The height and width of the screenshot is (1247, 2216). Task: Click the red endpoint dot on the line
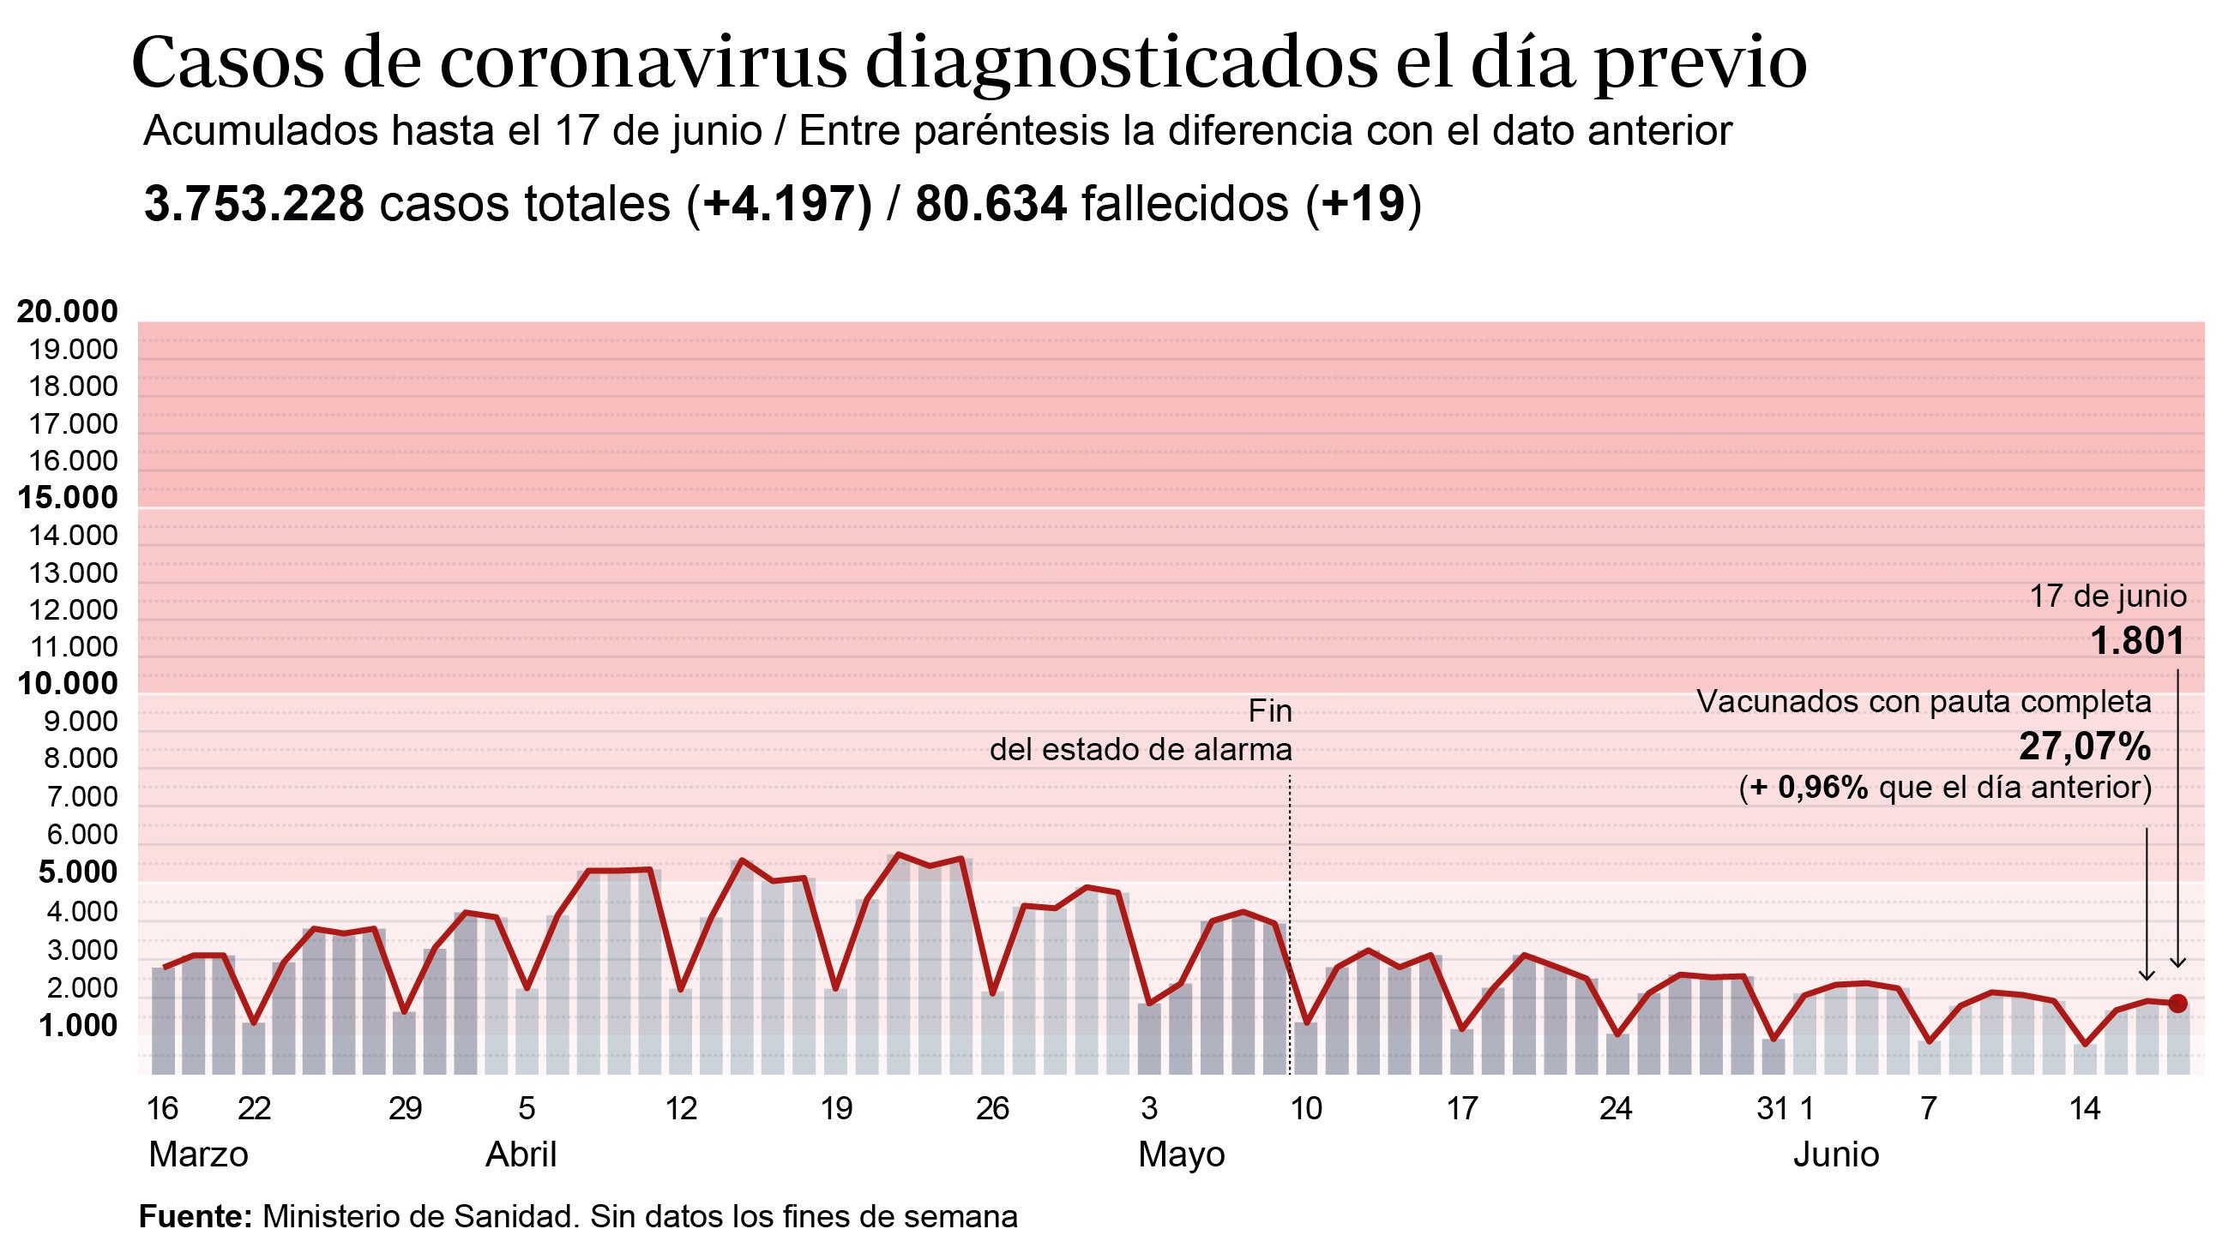pos(2177,1003)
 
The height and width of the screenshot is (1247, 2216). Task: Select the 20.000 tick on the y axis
pos(68,311)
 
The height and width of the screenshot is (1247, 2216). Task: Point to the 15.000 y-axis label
pos(68,497)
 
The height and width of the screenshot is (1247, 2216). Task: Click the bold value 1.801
pos(2137,641)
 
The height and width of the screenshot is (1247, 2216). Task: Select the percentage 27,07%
pos(2085,746)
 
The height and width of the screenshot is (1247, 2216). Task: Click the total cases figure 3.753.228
pos(255,205)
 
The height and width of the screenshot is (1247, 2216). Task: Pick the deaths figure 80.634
pos(991,205)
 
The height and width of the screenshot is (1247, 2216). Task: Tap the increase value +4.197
pos(780,205)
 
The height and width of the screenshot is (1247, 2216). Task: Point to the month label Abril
pos(521,1154)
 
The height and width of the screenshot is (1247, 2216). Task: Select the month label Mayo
pos(1181,1154)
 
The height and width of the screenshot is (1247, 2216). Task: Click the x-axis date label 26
pos(992,1108)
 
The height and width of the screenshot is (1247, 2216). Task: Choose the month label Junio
pos(1836,1154)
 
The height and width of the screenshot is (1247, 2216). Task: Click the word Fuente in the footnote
pos(195,1217)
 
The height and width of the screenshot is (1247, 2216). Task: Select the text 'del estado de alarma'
pos(1141,750)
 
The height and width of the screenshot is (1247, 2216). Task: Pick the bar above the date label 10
pos(1306,1049)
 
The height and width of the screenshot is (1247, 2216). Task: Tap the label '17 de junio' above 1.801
pos(2108,596)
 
